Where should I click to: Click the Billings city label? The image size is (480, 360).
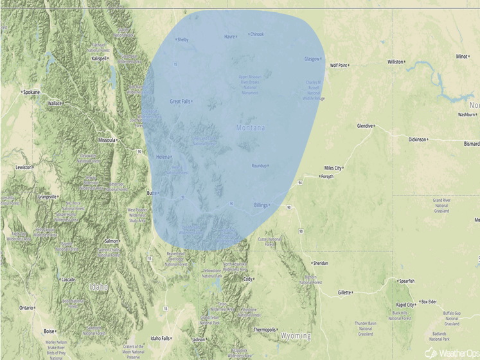[260, 205]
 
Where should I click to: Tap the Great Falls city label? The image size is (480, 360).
[180, 102]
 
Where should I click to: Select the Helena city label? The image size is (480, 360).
[163, 157]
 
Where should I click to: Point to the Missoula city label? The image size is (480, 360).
[106, 139]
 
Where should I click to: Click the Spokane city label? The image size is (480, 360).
[31, 93]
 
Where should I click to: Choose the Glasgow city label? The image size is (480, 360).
[312, 59]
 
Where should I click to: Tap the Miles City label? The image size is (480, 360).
[333, 168]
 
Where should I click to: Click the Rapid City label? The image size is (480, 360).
[405, 305]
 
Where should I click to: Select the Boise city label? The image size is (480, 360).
[49, 331]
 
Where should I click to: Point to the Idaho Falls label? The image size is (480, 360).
[160, 338]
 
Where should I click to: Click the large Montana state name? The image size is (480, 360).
[250, 129]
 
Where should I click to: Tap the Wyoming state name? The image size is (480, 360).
[296, 336]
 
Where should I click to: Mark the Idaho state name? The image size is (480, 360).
[99, 287]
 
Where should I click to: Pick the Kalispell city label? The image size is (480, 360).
[98, 58]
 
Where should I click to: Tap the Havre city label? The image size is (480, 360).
[229, 37]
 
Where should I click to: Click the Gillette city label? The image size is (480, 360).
[344, 292]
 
